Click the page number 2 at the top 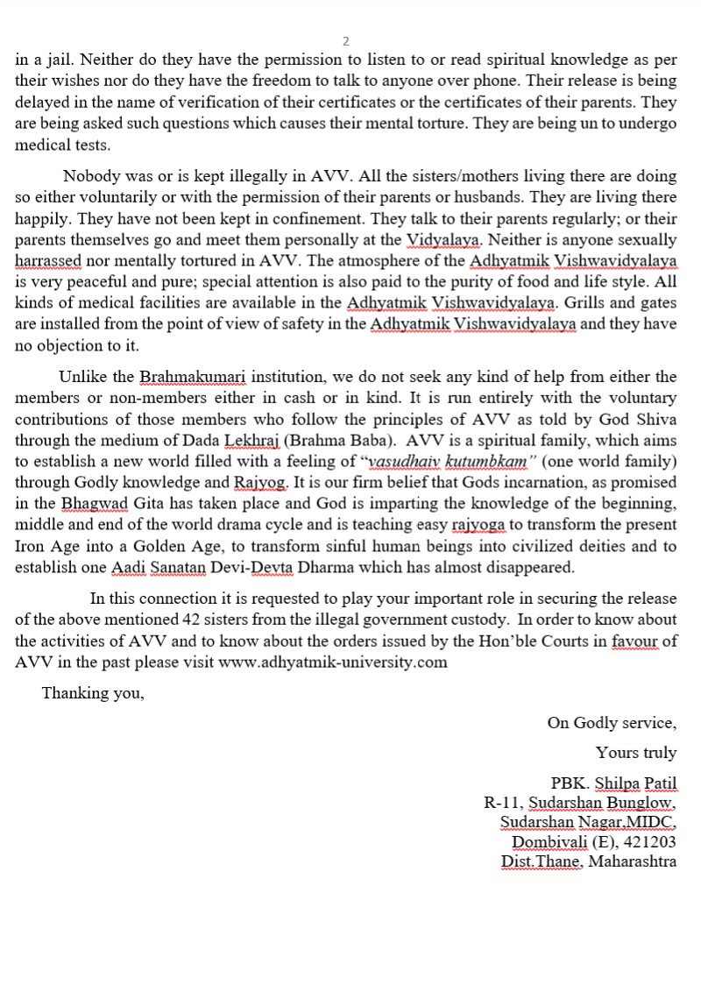[346, 41]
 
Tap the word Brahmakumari [195, 377]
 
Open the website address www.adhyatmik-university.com [333, 663]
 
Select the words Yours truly [636, 753]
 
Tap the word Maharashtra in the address [632, 862]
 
